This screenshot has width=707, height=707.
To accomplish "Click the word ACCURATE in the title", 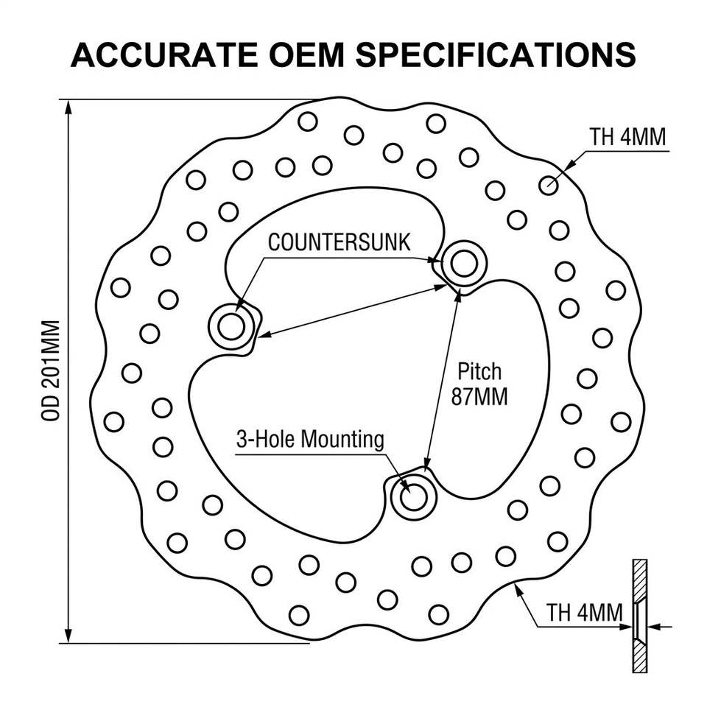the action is [x=164, y=55].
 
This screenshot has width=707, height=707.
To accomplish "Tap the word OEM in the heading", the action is [x=306, y=55].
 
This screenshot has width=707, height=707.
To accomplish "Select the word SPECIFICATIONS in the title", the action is [x=496, y=55].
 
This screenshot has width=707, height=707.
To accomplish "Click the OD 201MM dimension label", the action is [x=51, y=370].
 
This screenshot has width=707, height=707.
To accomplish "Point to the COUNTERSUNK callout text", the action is [x=339, y=242].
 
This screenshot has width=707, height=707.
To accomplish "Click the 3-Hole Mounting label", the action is [x=310, y=439].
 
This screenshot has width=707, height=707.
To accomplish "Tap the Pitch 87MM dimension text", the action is [x=479, y=384].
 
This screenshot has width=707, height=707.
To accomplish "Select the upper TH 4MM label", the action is [x=627, y=137].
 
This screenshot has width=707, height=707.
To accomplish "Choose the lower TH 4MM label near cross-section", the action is [x=584, y=613].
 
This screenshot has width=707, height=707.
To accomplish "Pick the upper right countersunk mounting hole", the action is [x=464, y=264].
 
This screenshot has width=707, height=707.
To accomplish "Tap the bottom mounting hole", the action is [x=413, y=497].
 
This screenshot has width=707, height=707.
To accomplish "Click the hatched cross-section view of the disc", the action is [x=640, y=616].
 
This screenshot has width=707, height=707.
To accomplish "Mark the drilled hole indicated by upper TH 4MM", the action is [x=548, y=185].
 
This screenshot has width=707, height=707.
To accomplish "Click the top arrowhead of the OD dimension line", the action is [x=68, y=108].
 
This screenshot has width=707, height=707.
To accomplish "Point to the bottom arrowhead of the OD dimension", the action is [x=68, y=635].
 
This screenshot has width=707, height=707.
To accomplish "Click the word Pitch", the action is [x=479, y=371].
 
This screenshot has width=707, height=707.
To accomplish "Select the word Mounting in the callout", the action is [x=342, y=439].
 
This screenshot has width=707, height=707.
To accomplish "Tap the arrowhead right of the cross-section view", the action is [x=655, y=626].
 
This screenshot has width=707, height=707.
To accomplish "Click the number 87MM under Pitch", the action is [x=479, y=396].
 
